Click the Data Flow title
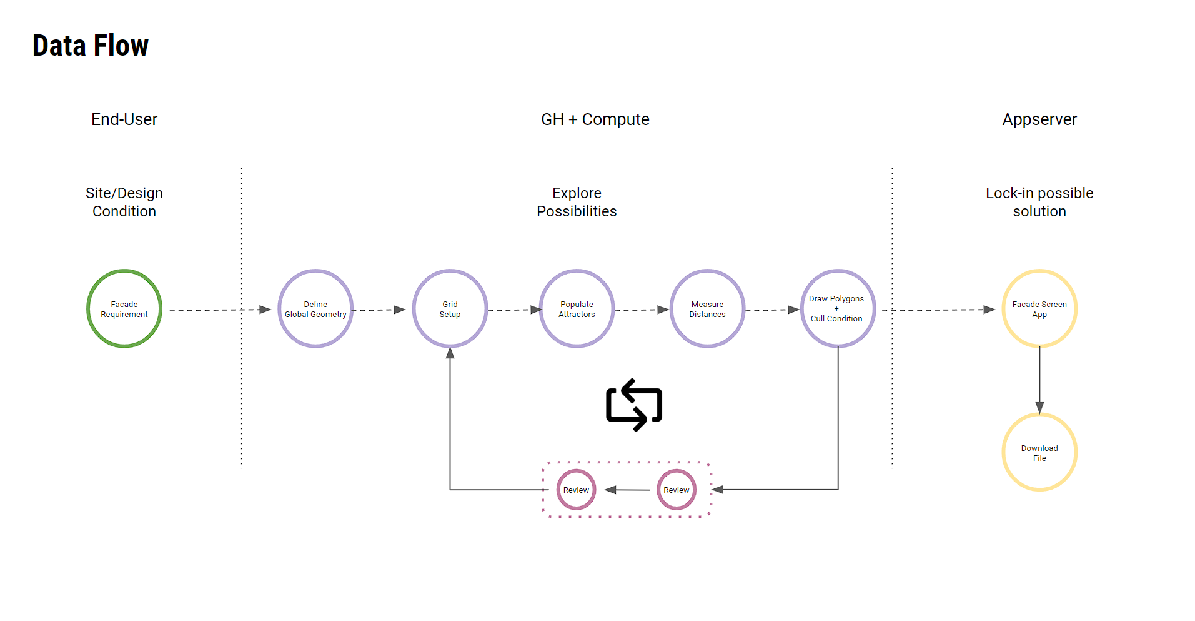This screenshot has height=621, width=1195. (91, 46)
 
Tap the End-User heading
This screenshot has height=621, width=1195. (124, 119)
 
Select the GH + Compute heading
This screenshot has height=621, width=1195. (595, 119)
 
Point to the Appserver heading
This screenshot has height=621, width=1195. (1039, 119)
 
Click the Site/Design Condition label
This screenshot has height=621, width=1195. (124, 202)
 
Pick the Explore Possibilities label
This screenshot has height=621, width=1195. (577, 202)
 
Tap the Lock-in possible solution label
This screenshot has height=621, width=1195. (1039, 202)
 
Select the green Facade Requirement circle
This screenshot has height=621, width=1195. (124, 309)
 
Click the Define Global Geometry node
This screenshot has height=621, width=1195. (315, 309)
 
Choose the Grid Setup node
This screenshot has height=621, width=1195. (450, 309)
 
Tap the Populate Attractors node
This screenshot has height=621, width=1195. (577, 309)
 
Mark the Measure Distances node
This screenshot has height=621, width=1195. (707, 309)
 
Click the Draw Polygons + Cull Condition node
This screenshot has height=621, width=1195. (837, 309)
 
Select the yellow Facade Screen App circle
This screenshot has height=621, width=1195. (1039, 309)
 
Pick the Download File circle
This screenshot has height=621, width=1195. (1039, 453)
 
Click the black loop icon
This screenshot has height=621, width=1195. (634, 405)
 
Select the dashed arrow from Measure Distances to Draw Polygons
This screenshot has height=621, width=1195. (772, 310)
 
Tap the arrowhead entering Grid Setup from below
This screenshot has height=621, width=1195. (450, 353)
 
